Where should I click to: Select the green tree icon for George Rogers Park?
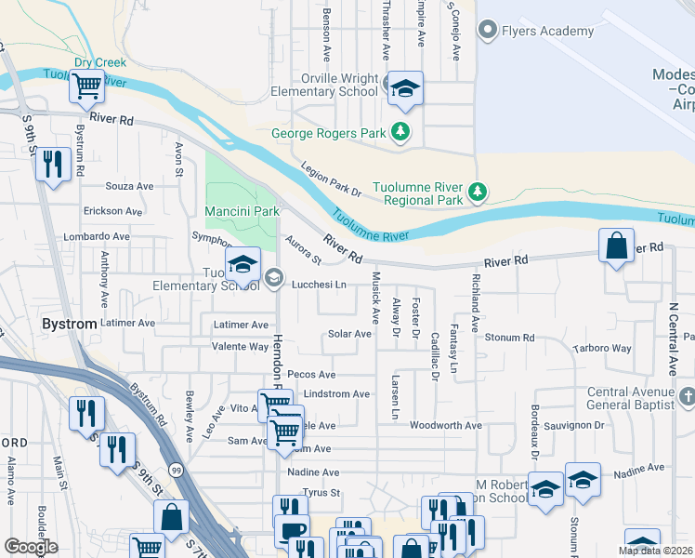400,132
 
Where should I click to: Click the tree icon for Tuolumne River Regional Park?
478,193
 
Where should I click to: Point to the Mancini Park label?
242,211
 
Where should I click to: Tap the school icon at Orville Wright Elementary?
405,88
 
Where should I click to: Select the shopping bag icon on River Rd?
616,246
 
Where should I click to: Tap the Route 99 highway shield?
177,471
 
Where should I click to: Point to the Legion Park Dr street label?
331,179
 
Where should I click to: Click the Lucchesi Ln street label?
319,285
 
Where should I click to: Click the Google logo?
31,547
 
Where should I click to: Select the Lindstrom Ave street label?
336,394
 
